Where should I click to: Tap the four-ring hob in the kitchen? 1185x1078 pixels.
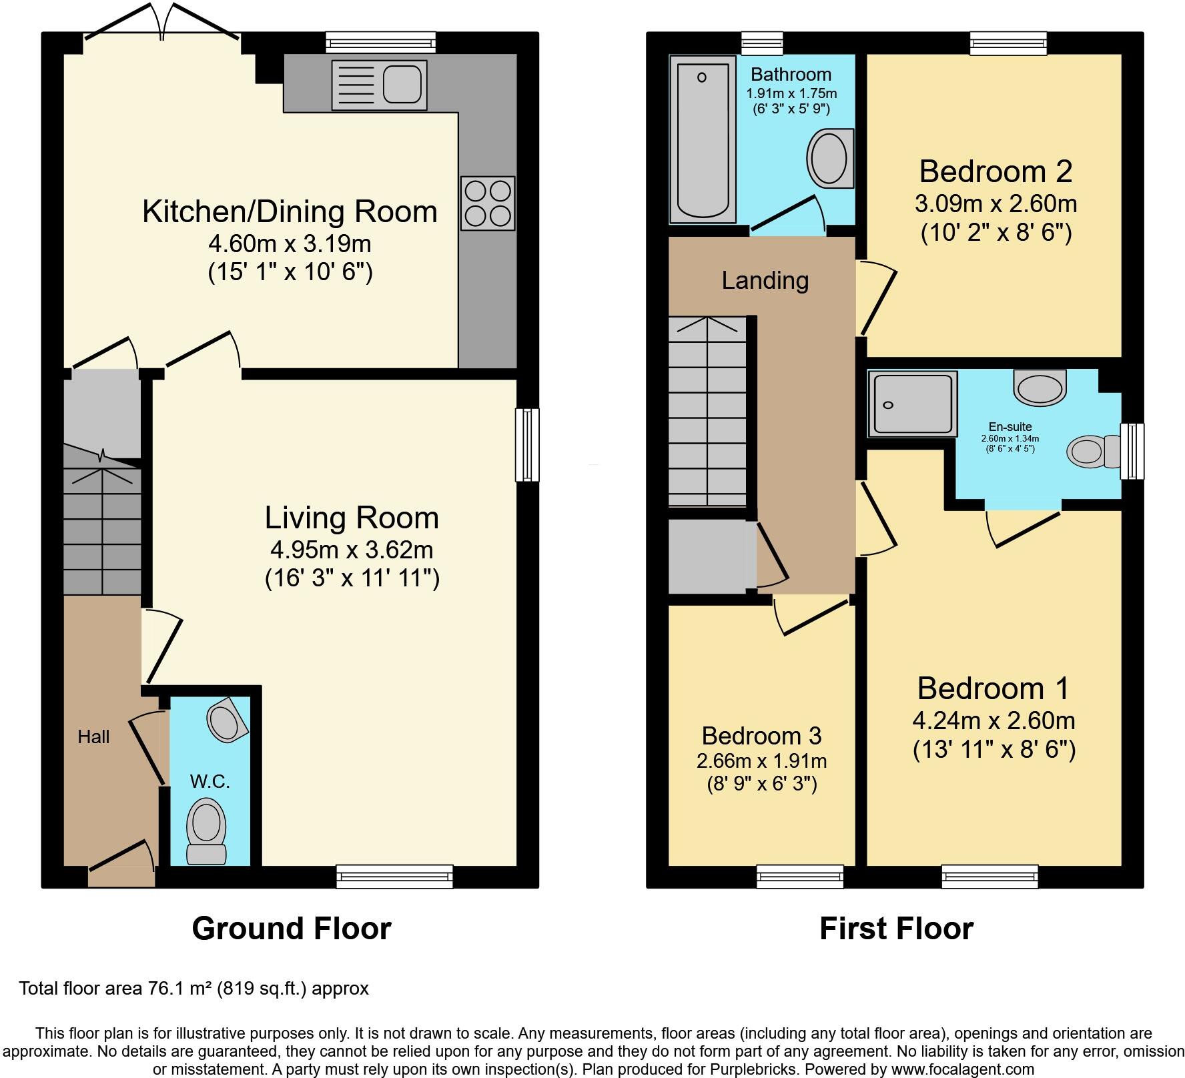pyautogui.click(x=488, y=203)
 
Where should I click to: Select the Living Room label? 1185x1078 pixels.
pyautogui.click(x=352, y=518)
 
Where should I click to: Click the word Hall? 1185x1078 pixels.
pyautogui.click(x=93, y=737)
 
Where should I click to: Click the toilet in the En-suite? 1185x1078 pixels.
pyautogui.click(x=1094, y=451)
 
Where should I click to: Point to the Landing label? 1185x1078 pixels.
pyautogui.click(x=765, y=281)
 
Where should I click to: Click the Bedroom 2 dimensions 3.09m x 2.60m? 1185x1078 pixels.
pyautogui.click(x=996, y=203)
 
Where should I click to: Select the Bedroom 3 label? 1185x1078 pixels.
pyautogui.click(x=761, y=736)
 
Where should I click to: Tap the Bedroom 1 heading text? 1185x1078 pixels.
pyautogui.click(x=993, y=688)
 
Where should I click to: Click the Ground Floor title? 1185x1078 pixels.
pyautogui.click(x=291, y=929)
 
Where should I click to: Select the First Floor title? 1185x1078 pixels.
pyautogui.click(x=896, y=929)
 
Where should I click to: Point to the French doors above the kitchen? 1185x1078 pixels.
pyautogui.click(x=162, y=23)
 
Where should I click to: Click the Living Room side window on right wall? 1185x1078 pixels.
pyautogui.click(x=527, y=445)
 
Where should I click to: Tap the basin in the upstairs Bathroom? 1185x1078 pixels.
pyautogui.click(x=830, y=159)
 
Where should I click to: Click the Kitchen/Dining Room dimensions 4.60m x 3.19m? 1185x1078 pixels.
pyautogui.click(x=290, y=244)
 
